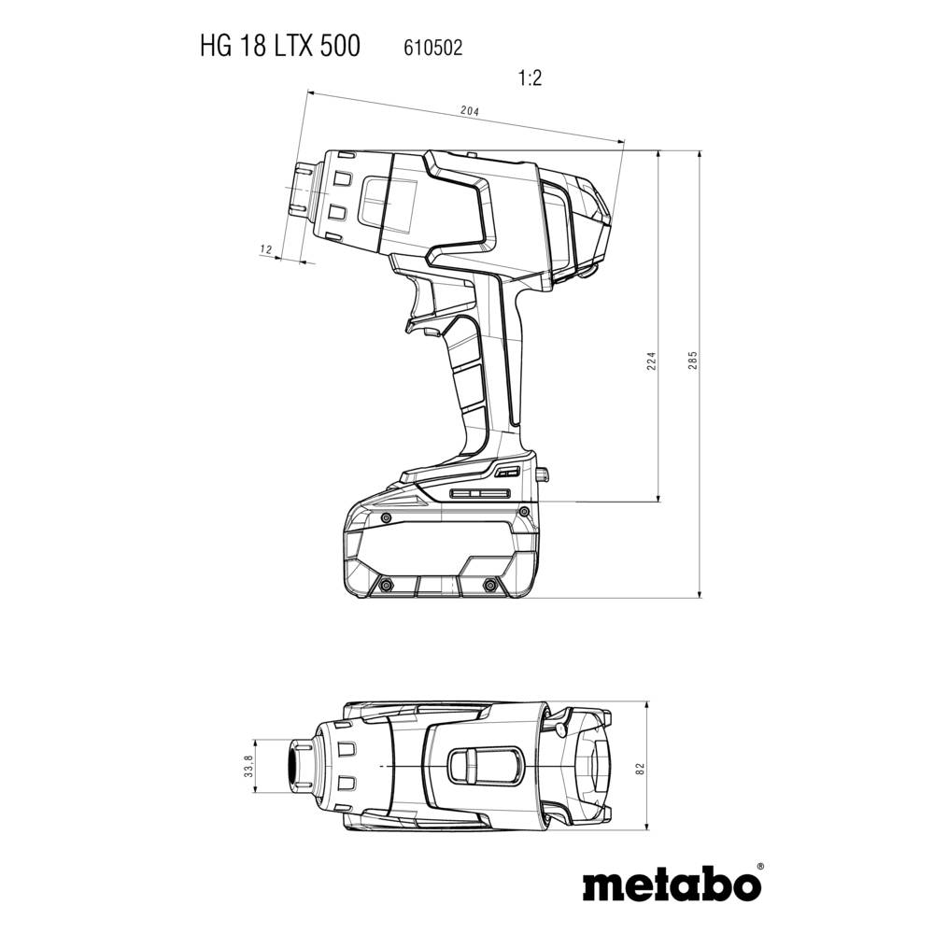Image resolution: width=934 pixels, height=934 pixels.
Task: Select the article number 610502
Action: click(x=432, y=47)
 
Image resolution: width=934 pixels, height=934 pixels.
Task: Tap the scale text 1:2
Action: click(x=530, y=78)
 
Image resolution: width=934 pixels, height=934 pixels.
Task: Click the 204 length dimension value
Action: click(x=469, y=111)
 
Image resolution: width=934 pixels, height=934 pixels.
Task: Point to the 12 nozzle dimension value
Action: click(x=265, y=248)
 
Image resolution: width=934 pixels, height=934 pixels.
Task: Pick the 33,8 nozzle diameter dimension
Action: click(x=248, y=767)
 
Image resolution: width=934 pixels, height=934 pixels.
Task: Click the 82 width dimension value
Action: click(x=639, y=767)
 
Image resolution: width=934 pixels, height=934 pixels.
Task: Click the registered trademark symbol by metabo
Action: click(x=759, y=868)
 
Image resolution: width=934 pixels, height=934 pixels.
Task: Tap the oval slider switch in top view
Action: click(x=485, y=767)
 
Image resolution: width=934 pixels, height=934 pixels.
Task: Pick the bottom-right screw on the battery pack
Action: click(x=489, y=586)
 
